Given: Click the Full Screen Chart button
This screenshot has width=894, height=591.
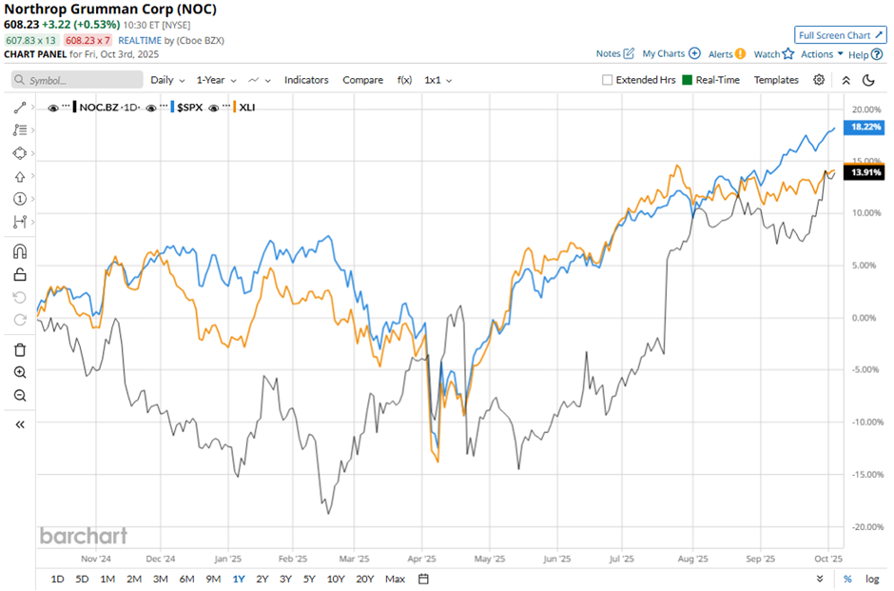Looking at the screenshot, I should click(841, 35).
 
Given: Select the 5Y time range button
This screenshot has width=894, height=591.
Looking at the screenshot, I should click(309, 579).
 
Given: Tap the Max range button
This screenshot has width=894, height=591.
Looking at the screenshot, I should click(395, 579).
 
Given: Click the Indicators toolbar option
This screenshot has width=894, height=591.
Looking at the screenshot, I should click(306, 80).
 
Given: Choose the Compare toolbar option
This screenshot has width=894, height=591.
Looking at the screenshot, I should click(362, 80).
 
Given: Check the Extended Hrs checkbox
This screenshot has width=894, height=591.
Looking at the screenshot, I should click(608, 80).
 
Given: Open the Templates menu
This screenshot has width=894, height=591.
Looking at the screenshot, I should click(776, 80).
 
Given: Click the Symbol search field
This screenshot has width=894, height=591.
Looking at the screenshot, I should click(76, 81).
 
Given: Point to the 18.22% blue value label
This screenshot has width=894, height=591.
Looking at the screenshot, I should click(864, 127).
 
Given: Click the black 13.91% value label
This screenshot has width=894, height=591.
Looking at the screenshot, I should click(864, 172).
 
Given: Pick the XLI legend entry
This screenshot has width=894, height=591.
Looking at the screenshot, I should click(245, 108).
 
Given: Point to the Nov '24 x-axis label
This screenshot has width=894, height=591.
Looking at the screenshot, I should click(96, 560).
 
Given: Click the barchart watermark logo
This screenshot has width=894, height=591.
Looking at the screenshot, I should click(83, 536).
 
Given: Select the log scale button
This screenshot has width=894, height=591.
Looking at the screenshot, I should click(872, 579).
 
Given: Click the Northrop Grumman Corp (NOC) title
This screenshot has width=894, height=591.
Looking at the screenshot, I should click(110, 10).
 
